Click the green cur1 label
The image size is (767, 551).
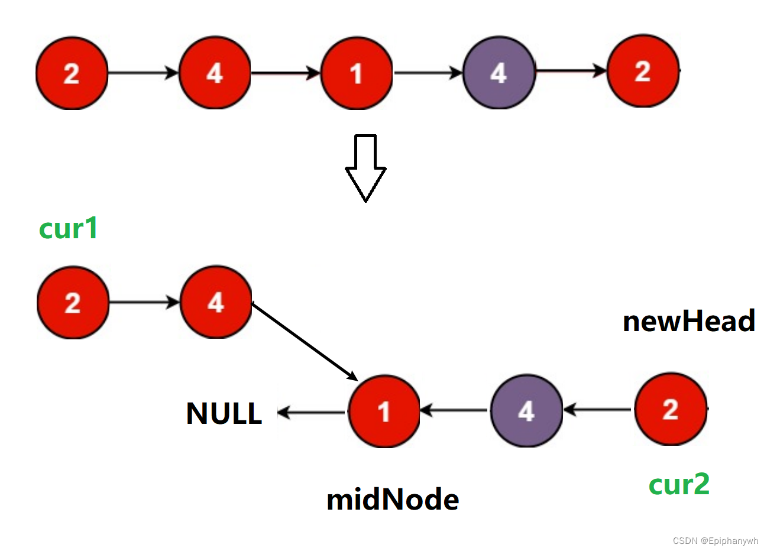pos(68,228)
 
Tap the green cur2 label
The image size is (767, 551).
pos(679,484)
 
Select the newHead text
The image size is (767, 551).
pos(689,321)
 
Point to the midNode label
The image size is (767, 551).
pos(393,500)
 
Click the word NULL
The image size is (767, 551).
pos(224,413)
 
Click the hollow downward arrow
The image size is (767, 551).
pos(365,168)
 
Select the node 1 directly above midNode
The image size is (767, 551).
pos(384,411)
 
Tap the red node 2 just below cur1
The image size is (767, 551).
pos(73,303)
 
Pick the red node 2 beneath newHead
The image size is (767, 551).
pos(670,409)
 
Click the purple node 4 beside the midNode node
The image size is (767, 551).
pos(526,410)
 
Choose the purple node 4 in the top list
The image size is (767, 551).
pos(499,73)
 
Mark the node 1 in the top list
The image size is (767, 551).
pos(356,73)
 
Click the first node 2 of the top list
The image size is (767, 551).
pos(72,73)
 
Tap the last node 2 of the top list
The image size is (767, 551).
pos(643,72)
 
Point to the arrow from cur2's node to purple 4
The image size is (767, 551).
pos(598,409)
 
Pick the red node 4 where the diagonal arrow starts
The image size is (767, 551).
pos(216,303)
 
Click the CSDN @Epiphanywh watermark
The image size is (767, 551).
pos(715,541)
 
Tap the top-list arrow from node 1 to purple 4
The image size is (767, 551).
pos(428,73)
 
